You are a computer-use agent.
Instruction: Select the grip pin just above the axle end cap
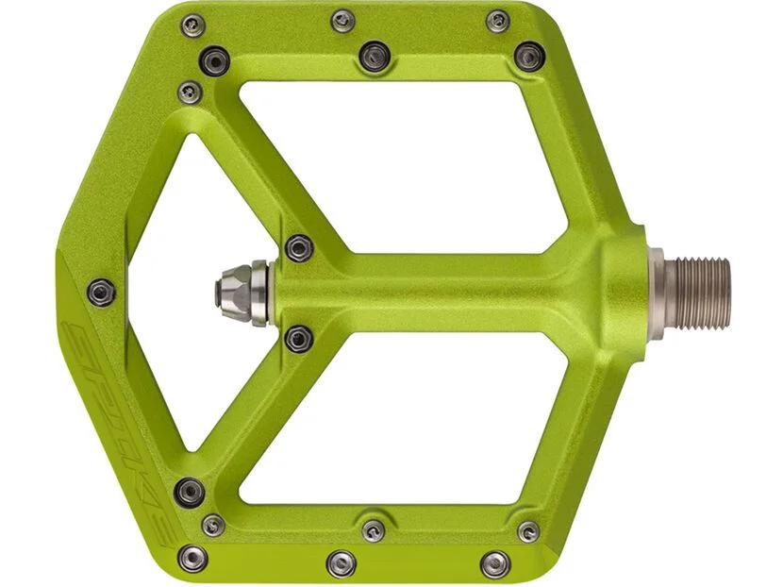[299, 248]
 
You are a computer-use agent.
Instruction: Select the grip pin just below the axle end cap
[299, 338]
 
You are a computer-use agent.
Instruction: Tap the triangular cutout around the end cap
[200, 293]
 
